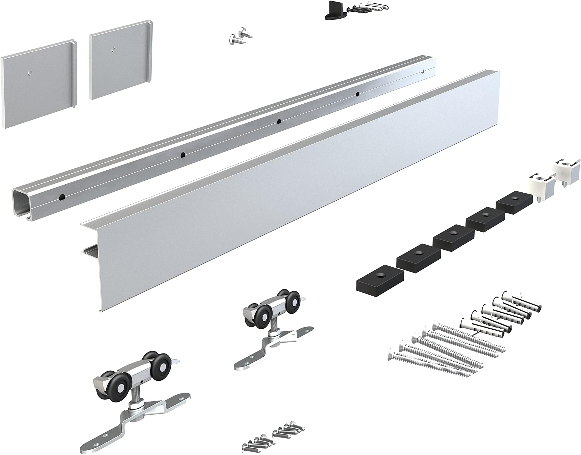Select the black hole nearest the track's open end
click(62, 197)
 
